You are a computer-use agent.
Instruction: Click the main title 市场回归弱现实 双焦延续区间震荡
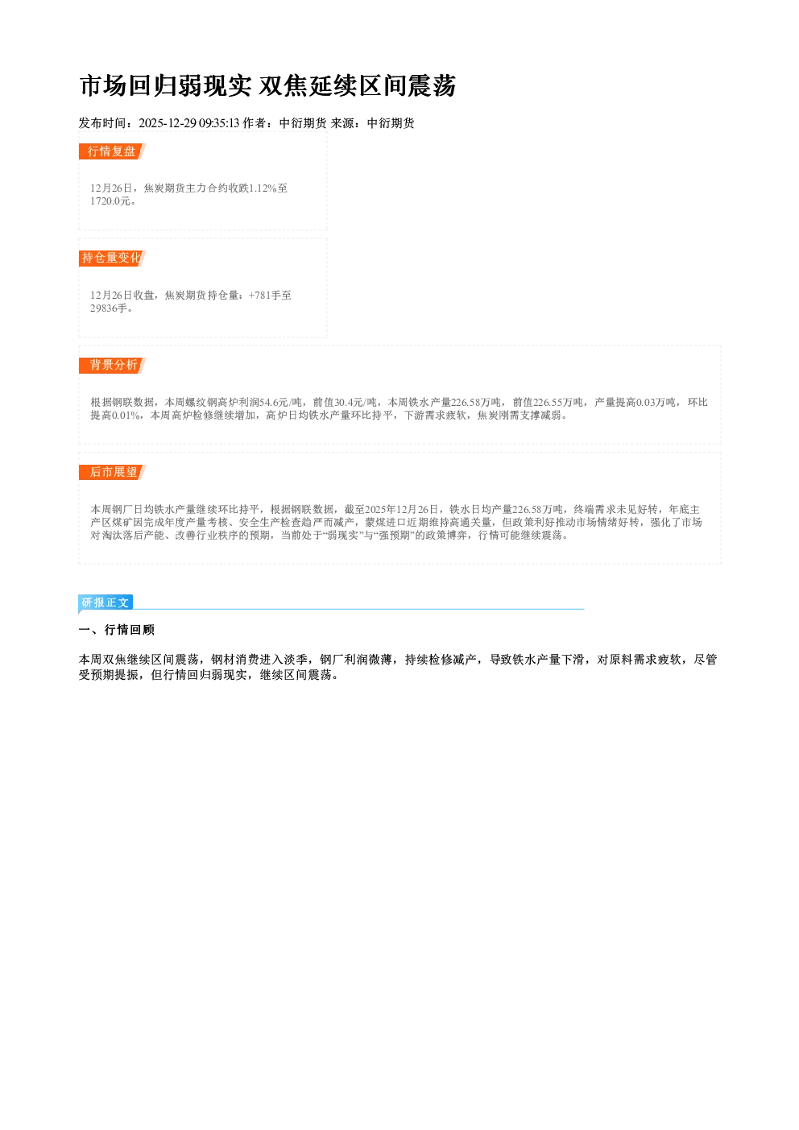tap(268, 85)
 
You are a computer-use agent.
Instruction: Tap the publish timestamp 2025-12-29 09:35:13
tap(189, 123)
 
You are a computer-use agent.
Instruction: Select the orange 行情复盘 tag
tap(112, 151)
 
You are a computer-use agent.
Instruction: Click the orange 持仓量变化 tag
tap(112, 259)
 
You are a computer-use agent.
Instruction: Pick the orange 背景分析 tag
tap(112, 365)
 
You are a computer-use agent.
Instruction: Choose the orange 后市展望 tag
tap(112, 472)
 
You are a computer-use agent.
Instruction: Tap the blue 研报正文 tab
tap(106, 602)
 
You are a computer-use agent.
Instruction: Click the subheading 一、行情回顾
tap(117, 630)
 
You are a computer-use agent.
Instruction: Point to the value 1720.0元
tap(110, 201)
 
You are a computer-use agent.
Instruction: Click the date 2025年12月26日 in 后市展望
tap(402, 510)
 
